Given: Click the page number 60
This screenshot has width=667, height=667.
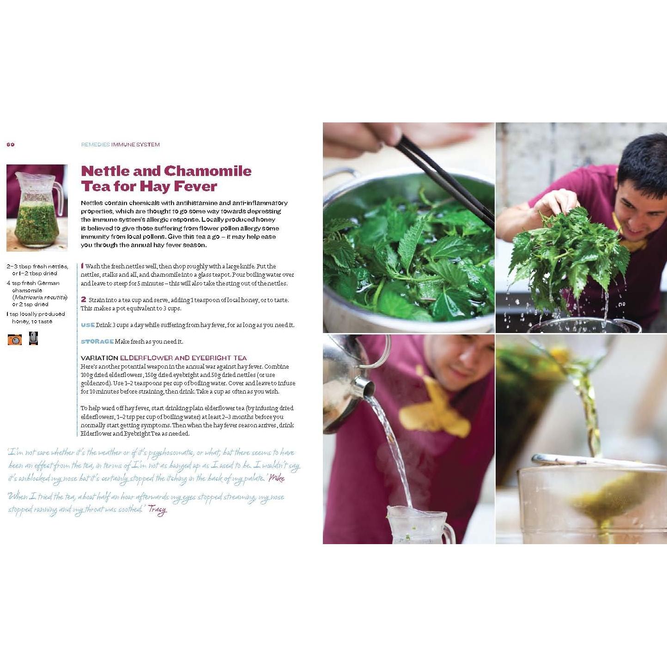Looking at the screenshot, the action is coord(10,145).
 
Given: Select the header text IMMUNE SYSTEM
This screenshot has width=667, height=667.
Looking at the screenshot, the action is coord(135,145).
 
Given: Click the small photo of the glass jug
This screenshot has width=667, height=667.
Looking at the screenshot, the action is coord(37,208).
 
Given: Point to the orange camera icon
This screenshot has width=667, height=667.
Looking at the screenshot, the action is coord(15,340).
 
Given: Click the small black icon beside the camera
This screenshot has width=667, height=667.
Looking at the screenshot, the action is coord(33,339).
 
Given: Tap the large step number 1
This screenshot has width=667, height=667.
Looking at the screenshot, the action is coord(82,266).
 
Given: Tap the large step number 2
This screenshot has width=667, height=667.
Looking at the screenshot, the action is coord(84,299).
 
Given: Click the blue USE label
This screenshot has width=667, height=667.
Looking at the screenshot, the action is coord(88,325).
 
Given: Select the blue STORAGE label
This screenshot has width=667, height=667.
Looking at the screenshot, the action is coord(97,342).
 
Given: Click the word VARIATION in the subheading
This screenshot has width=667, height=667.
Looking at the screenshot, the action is coord(99,358).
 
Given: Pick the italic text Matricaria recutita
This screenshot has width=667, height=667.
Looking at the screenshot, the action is coord(41,297).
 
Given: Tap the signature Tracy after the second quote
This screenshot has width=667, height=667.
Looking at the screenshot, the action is coord(158,509).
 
